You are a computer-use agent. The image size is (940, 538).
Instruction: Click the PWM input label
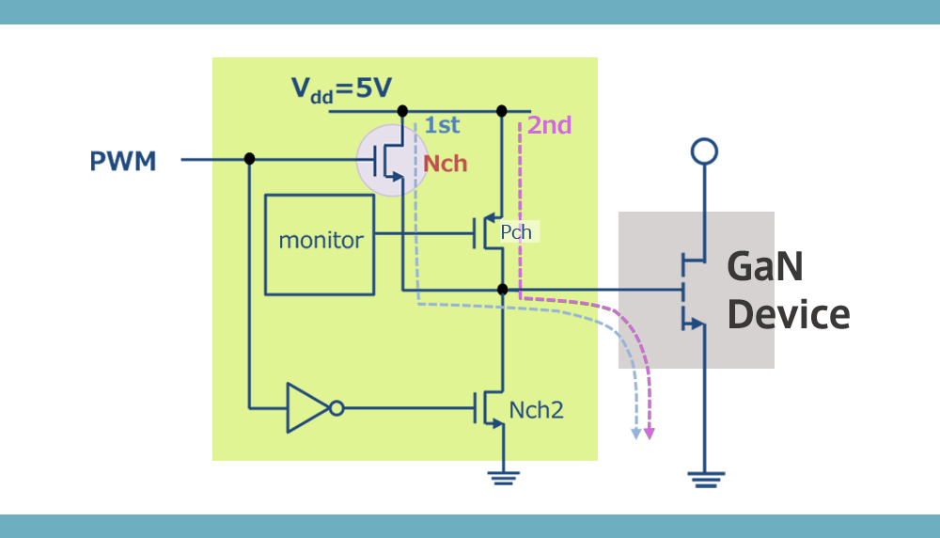tap(122, 162)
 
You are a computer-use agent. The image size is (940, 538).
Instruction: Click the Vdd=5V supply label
tap(340, 89)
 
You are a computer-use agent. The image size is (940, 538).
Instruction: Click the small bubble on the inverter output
tap(337, 407)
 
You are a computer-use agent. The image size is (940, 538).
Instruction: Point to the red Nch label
tap(445, 164)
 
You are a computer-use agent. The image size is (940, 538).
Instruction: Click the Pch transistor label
tap(516, 232)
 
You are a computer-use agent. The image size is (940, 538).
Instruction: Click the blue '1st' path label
tap(442, 125)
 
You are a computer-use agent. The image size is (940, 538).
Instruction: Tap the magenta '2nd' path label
tap(549, 125)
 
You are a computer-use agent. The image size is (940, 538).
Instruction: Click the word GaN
tap(764, 267)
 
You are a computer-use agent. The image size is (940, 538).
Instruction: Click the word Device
tap(788, 315)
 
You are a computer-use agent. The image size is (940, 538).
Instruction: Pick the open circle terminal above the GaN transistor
tap(703, 151)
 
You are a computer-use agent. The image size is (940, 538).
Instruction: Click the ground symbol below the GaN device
tap(703, 480)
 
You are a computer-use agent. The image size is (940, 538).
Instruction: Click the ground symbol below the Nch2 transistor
tap(503, 478)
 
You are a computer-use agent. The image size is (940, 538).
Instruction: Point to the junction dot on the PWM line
tap(249, 159)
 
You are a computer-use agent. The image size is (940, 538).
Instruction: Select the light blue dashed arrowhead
tap(635, 433)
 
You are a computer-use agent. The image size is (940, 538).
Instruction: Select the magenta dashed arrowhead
tap(649, 433)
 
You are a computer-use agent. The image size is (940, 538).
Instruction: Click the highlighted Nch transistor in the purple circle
tap(392, 160)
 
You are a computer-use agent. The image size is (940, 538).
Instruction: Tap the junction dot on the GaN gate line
tap(502, 289)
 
